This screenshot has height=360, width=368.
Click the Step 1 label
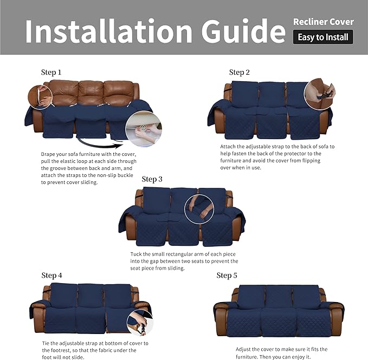pos(51,72)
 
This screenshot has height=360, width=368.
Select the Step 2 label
pos(240,73)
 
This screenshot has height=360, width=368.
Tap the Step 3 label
pos(152,179)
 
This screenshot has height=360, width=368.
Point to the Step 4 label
pos(52,276)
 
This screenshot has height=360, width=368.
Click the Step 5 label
pos(227,276)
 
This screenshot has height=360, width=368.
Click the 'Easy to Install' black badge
pos(323,37)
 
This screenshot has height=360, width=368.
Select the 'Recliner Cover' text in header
pos(323,22)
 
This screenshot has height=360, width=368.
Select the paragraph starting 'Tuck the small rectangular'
pos(184,261)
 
